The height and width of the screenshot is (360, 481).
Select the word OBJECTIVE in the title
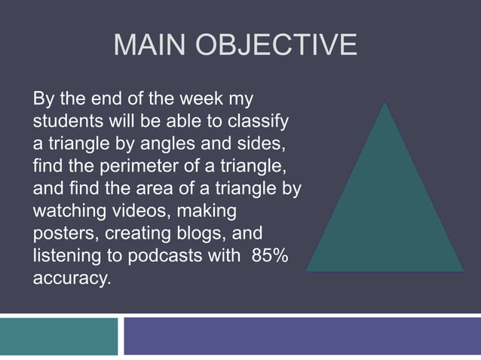click(x=277, y=47)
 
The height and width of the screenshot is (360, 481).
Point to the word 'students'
click(x=63, y=121)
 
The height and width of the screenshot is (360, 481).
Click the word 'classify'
click(x=260, y=123)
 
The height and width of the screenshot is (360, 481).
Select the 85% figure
click(x=269, y=255)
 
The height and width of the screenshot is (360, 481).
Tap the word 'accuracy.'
click(x=71, y=279)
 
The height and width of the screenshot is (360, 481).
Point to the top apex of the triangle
click(x=385, y=102)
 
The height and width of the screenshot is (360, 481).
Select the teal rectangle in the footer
click(x=59, y=336)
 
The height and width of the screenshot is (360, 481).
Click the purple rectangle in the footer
click(x=302, y=336)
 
